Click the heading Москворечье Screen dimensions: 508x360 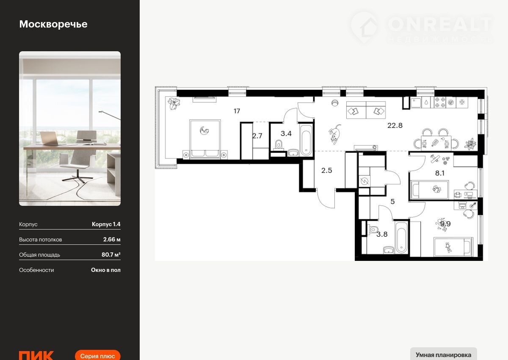pyautogui.click(x=53, y=25)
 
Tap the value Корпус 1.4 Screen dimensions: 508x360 pyautogui.click(x=106, y=224)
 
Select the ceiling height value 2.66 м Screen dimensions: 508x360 pyautogui.click(x=112, y=239)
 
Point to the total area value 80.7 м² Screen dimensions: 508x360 pyautogui.click(x=111, y=255)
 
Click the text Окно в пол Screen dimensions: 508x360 pyautogui.click(x=106, y=270)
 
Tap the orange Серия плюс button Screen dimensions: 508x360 pyautogui.click(x=97, y=355)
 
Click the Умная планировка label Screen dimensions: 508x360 pyautogui.click(x=443, y=355)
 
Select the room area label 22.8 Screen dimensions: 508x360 pyautogui.click(x=395, y=125)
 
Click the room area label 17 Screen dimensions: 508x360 pyautogui.click(x=237, y=111)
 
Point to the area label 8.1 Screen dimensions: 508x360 pyautogui.click(x=440, y=173)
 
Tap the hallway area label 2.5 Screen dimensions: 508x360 pyautogui.click(x=326, y=170)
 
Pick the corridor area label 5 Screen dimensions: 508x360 pyautogui.click(x=392, y=202)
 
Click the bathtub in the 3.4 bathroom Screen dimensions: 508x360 pyautogui.click(x=306, y=140)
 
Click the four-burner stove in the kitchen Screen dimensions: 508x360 pyautogui.click(x=440, y=102)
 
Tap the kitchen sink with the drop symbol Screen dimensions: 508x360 pyautogui.click(x=427, y=102)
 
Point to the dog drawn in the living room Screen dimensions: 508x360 pyautogui.click(x=335, y=134)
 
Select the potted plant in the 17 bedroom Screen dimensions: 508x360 pyautogui.click(x=174, y=103)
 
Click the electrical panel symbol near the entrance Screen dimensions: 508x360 pyautogui.click(x=364, y=181)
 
